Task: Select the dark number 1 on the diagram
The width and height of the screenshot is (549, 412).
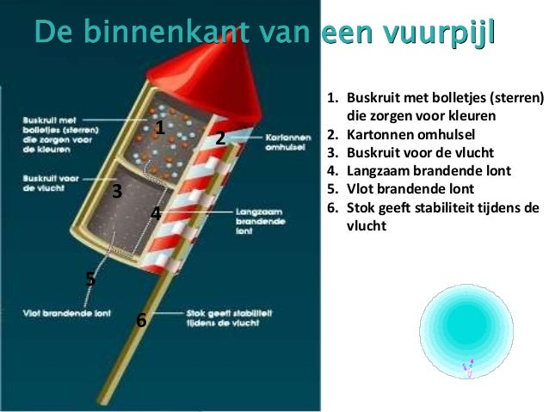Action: click(159, 129)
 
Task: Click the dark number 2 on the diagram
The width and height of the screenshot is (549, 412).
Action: click(219, 138)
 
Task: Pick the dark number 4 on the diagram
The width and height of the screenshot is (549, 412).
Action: click(156, 212)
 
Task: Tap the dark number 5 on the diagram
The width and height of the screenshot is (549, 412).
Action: click(90, 279)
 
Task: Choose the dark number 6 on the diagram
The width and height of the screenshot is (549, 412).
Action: click(141, 321)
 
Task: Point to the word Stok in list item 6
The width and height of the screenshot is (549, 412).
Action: click(359, 208)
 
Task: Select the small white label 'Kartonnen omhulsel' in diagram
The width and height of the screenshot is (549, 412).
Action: click(288, 142)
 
